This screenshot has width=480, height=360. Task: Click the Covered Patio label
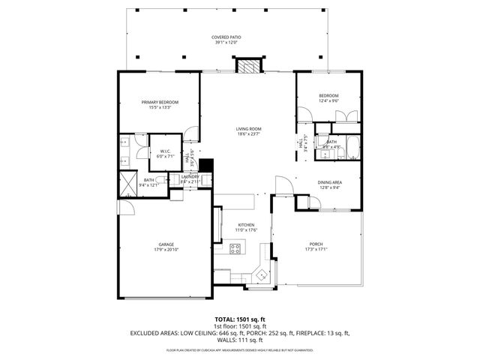point(226,37)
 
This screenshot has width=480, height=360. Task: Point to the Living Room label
point(248,129)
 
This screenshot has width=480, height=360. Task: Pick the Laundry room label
point(190,176)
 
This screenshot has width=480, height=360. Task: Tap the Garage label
point(166,244)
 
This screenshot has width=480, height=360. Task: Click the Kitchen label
point(247,225)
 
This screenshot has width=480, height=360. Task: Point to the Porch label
point(316,244)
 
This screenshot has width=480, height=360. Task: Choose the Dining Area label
point(329,182)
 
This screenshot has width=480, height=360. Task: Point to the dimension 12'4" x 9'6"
point(328,101)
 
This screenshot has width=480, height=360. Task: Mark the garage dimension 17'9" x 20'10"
point(166,250)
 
